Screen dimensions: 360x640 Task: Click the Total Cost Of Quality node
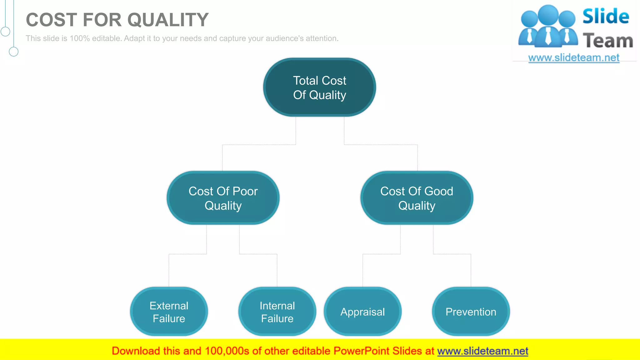pyautogui.click(x=319, y=87)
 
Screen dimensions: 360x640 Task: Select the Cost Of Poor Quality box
pyautogui.click(x=223, y=198)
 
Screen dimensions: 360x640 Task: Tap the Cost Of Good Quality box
pyautogui.click(x=417, y=198)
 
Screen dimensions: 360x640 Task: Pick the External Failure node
pyautogui.click(x=169, y=312)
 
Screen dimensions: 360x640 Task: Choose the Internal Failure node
pyautogui.click(x=277, y=312)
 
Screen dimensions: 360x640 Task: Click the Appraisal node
pyautogui.click(x=362, y=312)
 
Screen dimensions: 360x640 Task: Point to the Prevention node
pyautogui.click(x=471, y=312)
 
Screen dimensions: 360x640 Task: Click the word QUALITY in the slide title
pyautogui.click(x=168, y=20)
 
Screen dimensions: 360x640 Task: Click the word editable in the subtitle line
pyautogui.click(x=106, y=38)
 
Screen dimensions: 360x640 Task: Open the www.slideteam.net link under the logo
pyautogui.click(x=574, y=58)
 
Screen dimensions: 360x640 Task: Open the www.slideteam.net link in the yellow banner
pyautogui.click(x=482, y=351)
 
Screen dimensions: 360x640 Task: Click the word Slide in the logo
pyautogui.click(x=606, y=17)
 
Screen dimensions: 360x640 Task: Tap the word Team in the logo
pyautogui.click(x=608, y=41)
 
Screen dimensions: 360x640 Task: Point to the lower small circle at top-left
pyautogui.click(x=13, y=52)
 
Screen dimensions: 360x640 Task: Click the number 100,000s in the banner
pyautogui.click(x=227, y=351)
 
